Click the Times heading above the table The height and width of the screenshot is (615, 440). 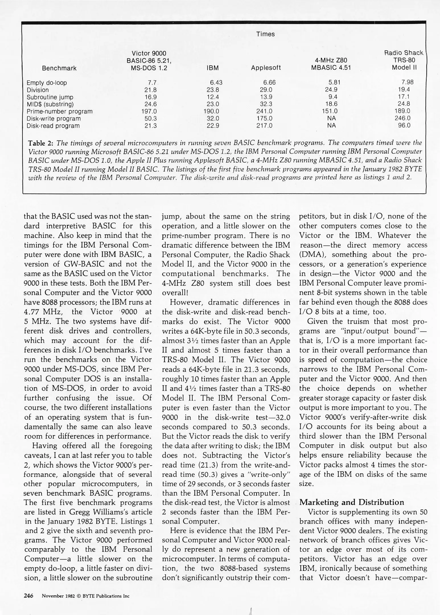(265, 34)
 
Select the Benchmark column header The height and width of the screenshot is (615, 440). (59, 68)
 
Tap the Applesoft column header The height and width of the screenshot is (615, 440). (266, 68)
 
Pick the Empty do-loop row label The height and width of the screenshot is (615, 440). (47, 83)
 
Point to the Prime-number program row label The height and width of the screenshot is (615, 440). (59, 111)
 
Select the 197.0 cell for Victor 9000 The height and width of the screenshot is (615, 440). (149, 111)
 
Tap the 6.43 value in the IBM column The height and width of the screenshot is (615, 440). (216, 83)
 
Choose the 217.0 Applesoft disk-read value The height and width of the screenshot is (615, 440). (264, 126)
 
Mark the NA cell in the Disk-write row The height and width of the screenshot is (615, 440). (331, 118)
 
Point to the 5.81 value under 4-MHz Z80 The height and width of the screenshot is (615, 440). (334, 83)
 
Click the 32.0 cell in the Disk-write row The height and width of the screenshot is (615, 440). (213, 118)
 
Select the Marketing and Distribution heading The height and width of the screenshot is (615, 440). (352, 502)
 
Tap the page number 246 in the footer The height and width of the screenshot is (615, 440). (28, 596)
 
